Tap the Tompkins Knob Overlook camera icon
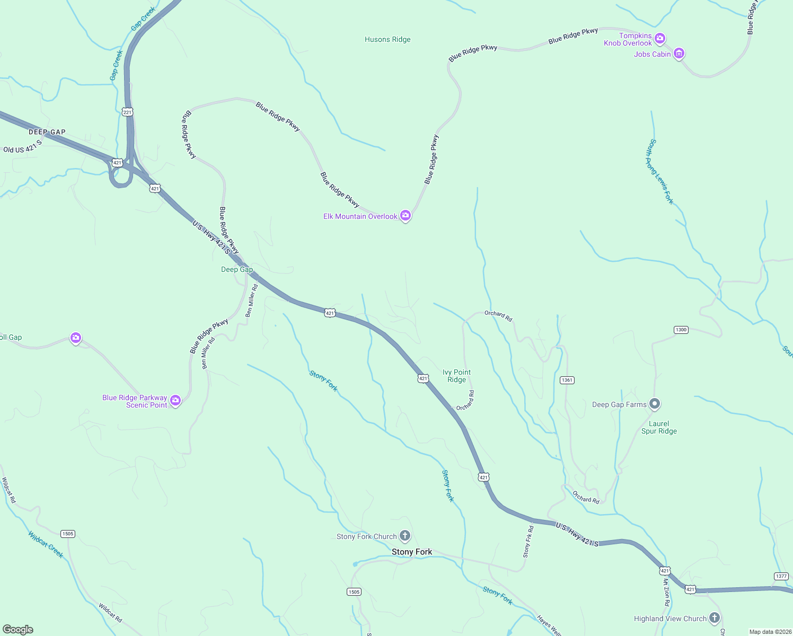pos(659,38)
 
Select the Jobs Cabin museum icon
pos(679,54)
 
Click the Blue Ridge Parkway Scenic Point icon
pos(175,401)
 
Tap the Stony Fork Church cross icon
pos(405,536)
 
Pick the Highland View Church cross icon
pos(715,618)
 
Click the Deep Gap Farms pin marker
pos(655,404)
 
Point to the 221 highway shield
pos(127,112)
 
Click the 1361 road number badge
pos(567,380)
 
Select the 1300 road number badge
pos(681,330)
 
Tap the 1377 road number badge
pos(781,576)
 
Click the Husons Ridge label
pos(387,39)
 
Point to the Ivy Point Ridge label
pos(456,376)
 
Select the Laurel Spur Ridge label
pos(659,427)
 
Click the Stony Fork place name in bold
pos(412,552)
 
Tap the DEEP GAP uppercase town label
pos(47,132)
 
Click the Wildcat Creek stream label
pos(46,544)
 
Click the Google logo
pos(18,630)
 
